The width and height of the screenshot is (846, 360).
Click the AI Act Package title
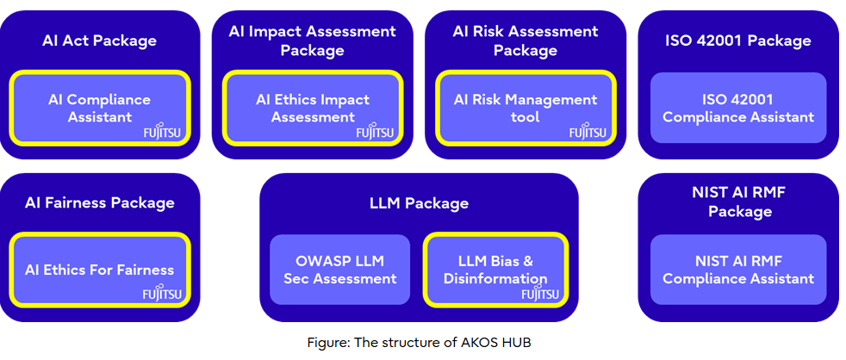point(100,40)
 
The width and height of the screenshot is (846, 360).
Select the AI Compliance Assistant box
point(100,108)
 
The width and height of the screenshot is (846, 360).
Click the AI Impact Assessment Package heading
point(312,40)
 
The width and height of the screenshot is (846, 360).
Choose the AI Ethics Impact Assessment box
point(313,108)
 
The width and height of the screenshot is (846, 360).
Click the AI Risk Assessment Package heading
point(526,40)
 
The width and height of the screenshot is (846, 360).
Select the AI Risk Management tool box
point(526,108)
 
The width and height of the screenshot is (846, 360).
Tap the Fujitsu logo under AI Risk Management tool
point(587,133)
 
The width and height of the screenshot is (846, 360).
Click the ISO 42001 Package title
point(738,40)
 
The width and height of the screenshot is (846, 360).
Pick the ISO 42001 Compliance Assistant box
point(738,108)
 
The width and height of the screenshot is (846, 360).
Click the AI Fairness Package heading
point(100,203)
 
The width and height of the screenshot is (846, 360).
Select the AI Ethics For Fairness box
point(100,270)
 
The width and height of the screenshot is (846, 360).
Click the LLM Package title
point(419,203)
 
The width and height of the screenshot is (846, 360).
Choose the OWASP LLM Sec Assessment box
point(340,270)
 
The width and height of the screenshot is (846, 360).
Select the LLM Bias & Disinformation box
point(495,270)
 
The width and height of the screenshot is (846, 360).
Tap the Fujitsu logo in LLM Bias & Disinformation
point(539,295)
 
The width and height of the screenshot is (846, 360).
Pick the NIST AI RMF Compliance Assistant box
point(738,270)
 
